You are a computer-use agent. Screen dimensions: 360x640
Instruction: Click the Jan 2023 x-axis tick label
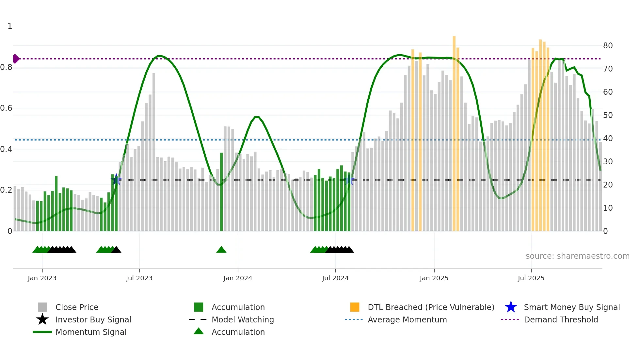[42, 278]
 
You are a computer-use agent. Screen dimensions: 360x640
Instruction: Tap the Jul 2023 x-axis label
[139, 278]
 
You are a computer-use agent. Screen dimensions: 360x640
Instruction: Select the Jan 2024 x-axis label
[238, 278]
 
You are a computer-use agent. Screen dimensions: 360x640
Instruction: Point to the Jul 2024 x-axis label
[335, 278]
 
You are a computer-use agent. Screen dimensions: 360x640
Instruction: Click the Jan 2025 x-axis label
[434, 278]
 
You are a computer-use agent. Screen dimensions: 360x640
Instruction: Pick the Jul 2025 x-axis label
[531, 278]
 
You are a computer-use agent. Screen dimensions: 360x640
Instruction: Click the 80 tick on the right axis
[608, 46]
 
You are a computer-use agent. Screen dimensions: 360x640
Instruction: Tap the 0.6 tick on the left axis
[7, 108]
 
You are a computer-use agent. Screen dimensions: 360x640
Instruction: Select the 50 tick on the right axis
[608, 115]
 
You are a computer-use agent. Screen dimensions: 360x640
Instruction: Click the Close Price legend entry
[77, 307]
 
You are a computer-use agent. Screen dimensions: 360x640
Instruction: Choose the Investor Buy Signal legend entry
[93, 319]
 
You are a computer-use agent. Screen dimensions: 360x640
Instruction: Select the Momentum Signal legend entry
[91, 332]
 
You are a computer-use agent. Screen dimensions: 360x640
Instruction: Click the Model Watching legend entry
[243, 319]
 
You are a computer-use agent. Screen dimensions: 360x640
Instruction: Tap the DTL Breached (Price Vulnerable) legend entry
[431, 307]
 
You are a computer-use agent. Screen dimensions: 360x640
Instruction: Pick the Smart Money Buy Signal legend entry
[572, 307]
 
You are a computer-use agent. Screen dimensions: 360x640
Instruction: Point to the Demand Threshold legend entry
[561, 319]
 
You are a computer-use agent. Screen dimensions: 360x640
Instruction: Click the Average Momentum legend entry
[407, 319]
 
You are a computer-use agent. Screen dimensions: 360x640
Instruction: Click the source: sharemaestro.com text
[577, 256]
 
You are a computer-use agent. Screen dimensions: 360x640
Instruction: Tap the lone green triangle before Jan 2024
[221, 250]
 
